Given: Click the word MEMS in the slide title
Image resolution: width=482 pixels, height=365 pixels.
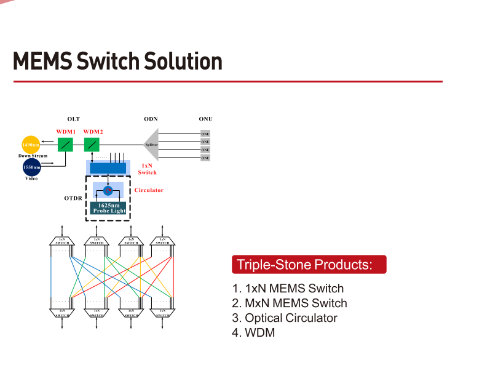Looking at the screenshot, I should click(x=42, y=62).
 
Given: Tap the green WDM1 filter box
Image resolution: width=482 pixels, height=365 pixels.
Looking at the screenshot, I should click(x=66, y=145).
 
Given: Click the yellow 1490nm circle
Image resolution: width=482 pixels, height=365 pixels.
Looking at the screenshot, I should click(x=31, y=145).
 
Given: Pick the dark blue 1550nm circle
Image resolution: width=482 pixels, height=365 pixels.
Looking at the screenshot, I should click(x=31, y=167).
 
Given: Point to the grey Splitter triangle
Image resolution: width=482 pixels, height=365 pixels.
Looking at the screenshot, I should click(x=152, y=145).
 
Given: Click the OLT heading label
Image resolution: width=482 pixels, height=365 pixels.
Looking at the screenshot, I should click(x=74, y=119).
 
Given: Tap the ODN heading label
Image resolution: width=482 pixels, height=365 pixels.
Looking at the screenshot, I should click(x=151, y=119).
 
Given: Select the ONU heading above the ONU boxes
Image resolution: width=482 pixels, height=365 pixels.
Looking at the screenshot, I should click(x=205, y=119).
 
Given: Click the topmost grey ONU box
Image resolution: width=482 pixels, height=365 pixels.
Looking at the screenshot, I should click(x=205, y=134).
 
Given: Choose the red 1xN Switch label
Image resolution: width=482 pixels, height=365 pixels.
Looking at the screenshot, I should click(x=148, y=169).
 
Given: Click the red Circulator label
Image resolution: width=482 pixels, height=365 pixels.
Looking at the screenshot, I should click(x=149, y=190).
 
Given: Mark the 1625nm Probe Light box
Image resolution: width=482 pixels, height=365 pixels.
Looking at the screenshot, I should click(x=109, y=208).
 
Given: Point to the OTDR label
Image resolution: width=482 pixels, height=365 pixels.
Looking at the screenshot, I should click(x=73, y=199).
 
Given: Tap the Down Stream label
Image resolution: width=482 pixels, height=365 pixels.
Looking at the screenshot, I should click(x=33, y=156).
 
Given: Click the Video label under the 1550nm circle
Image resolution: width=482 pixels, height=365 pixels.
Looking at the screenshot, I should click(x=31, y=178).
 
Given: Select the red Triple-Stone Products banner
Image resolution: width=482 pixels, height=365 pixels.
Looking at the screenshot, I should click(x=309, y=265).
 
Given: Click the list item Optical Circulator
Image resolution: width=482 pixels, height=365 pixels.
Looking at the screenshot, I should click(x=285, y=318).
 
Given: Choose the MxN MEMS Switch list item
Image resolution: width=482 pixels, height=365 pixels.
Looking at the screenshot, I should click(x=290, y=303).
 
